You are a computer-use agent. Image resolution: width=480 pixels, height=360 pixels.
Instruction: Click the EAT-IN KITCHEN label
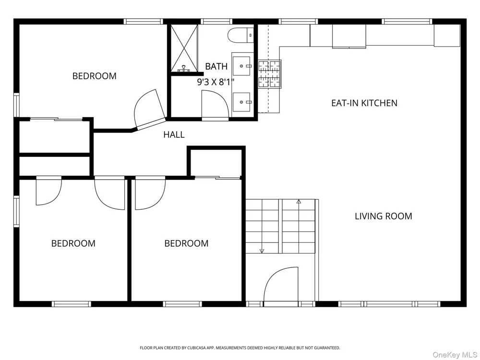click(364, 103)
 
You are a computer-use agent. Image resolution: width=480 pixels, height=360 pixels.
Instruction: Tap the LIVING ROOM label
click(383, 216)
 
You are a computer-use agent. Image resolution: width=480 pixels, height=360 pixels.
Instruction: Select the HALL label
click(174, 135)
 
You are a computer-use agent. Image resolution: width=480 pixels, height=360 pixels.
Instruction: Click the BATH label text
click(216, 66)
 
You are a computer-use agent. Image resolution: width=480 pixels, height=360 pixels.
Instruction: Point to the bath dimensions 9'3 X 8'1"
click(216, 82)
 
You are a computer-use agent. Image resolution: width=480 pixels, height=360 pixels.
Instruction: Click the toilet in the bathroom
click(241, 35)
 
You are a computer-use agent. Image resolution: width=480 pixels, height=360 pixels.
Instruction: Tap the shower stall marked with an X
click(184, 48)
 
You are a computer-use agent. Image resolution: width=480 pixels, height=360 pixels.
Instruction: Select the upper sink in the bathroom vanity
click(242, 66)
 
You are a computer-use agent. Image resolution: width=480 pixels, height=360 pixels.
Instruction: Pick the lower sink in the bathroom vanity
click(242, 102)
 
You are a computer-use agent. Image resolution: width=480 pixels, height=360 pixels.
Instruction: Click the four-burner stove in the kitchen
click(269, 74)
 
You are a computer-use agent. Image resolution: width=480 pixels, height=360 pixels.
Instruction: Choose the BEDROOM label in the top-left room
click(94, 76)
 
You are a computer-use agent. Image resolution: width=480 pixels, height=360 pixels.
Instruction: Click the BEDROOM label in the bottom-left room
click(73, 243)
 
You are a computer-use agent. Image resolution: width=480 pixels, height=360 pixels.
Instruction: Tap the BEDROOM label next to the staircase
click(186, 243)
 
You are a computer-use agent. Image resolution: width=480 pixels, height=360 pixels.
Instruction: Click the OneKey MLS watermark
click(455, 355)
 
